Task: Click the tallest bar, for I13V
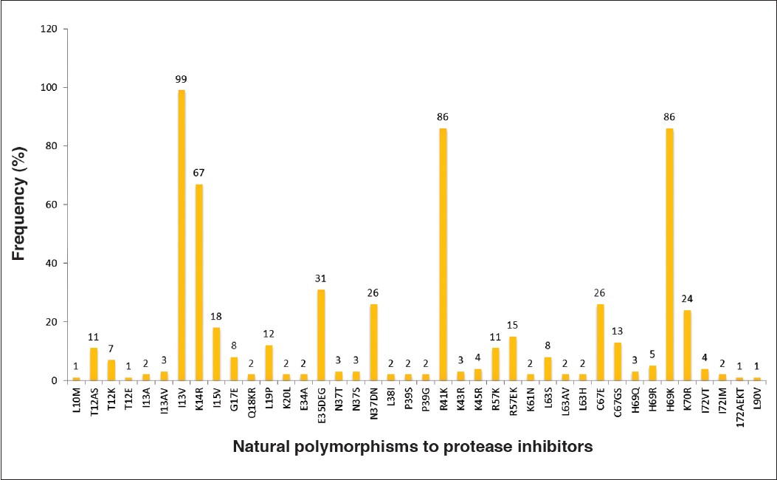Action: pyautogui.click(x=182, y=235)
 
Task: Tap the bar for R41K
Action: pyautogui.click(x=443, y=254)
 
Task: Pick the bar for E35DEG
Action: pyautogui.click(x=321, y=335)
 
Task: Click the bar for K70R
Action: pyautogui.click(x=687, y=345)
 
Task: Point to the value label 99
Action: pyautogui.click(x=182, y=78)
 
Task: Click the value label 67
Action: pyautogui.click(x=199, y=173)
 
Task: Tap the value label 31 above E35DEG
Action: pyautogui.click(x=321, y=278)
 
